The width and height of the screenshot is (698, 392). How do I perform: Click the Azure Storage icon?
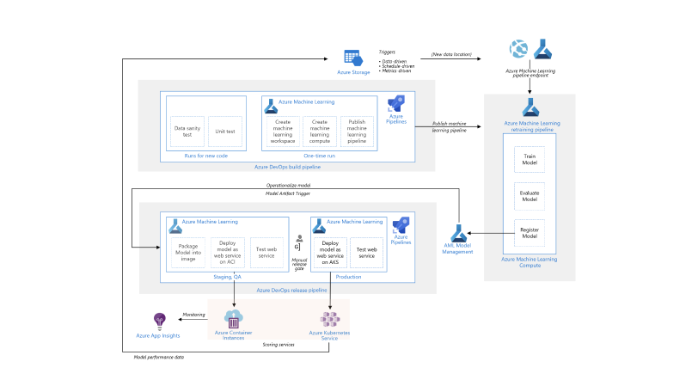pyautogui.click(x=352, y=58)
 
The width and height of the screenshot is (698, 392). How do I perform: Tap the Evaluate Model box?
pyautogui.click(x=530, y=195)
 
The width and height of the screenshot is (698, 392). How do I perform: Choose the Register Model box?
pyautogui.click(x=530, y=232)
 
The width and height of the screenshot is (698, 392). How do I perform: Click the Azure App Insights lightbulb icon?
pyautogui.click(x=158, y=321)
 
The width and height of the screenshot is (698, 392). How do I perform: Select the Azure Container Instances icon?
pyautogui.click(x=235, y=317)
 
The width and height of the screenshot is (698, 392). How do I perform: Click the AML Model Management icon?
pyautogui.click(x=457, y=233)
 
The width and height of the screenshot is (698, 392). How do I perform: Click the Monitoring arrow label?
pyautogui.click(x=193, y=314)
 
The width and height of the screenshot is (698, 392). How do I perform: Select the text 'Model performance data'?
pyautogui.click(x=158, y=357)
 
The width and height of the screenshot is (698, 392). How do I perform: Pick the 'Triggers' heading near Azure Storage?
pyautogui.click(x=387, y=52)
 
